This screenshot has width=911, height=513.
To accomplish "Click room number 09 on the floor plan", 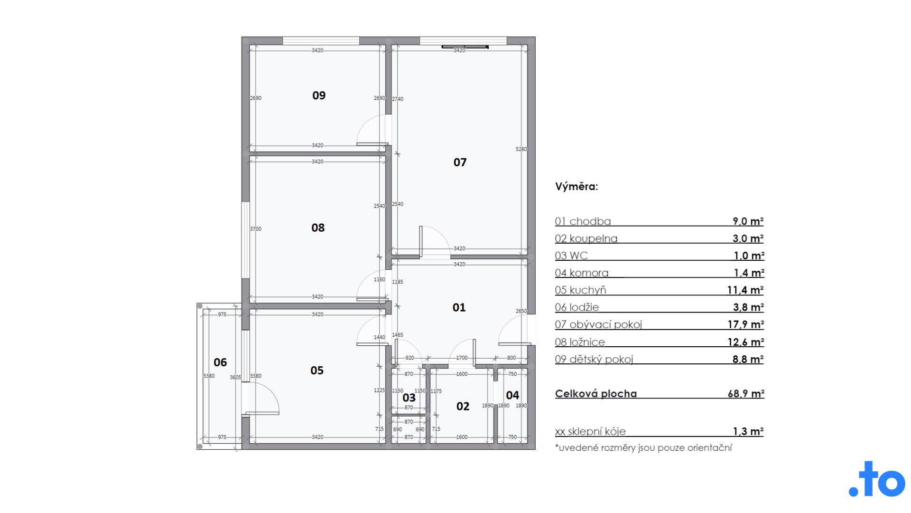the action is point(319,95).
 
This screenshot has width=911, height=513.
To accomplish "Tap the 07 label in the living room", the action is point(460,162).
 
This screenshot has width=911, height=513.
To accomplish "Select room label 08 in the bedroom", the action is point(318,228).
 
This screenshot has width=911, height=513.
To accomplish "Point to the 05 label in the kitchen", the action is point(317,370).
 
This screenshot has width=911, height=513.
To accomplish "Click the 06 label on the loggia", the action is point(220,362).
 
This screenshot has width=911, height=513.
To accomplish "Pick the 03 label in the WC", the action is point(409,398).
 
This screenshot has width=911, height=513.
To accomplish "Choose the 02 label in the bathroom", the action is point(463,407).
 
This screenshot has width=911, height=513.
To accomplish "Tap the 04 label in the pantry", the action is point(512,395).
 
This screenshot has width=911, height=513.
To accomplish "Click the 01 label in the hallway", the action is point(459,308).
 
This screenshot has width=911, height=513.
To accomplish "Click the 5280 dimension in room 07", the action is point(521,149).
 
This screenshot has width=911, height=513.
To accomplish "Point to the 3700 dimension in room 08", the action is point(256,229).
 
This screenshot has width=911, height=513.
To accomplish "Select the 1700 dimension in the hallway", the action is point(462,358).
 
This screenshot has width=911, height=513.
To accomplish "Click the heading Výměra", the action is point(576,187).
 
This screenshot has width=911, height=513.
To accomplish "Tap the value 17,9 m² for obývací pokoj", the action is point(745,324).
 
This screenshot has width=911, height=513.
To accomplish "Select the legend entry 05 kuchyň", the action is point(580,290).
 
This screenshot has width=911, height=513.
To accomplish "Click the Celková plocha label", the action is point(596,394).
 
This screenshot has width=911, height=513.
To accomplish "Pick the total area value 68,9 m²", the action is point(745,394).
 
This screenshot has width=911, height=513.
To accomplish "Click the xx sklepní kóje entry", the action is point(590,432).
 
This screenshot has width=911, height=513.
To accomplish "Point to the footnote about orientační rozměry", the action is point(643,448).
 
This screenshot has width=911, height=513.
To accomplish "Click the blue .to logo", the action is point(877,479).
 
